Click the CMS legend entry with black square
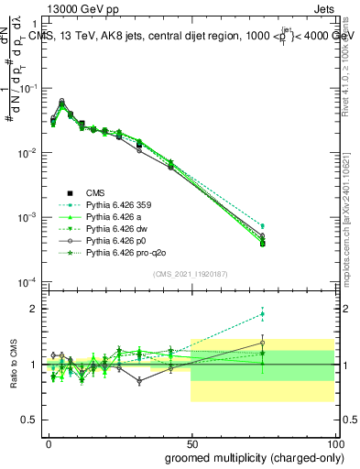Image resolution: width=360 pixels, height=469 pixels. (x=96, y=192)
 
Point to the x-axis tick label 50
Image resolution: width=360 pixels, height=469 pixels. (x=191, y=443)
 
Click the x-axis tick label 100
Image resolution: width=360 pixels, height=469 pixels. (x=336, y=443)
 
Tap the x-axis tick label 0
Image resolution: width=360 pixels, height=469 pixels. (x=48, y=443)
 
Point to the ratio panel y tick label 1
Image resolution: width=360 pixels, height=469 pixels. (x=34, y=365)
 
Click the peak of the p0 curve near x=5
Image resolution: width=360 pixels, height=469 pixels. (x=61, y=101)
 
